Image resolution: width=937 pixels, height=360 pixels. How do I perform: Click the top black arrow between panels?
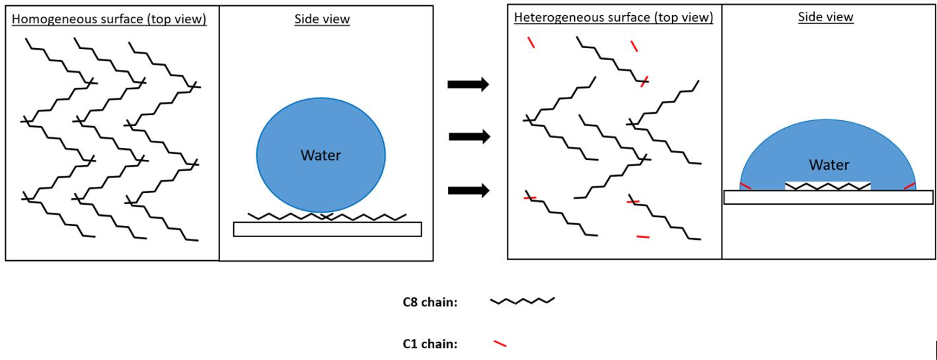468,84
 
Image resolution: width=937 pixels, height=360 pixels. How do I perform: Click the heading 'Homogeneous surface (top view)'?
109,19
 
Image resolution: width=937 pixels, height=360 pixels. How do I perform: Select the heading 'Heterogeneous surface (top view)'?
613,18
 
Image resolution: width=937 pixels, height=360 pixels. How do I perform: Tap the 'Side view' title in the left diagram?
322,19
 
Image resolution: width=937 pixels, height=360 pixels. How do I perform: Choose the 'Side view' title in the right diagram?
825,17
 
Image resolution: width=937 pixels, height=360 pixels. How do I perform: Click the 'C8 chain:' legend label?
430,303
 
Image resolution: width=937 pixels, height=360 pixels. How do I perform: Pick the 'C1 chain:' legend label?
430,343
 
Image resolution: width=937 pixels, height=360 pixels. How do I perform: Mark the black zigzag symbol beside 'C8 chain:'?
522,301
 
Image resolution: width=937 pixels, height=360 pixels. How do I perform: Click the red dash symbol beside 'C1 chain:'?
500,343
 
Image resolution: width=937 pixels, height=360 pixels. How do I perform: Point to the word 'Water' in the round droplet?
320,156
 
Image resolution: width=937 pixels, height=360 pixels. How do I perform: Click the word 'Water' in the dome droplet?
829,165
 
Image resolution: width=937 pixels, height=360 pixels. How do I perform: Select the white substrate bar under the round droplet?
327,229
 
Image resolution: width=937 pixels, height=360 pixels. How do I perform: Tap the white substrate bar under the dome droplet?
828,197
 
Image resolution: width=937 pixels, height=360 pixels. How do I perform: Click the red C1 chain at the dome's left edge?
745,186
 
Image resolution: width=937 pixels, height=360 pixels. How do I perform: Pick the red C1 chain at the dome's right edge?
909,186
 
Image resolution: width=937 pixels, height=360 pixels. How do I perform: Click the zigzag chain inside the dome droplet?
828,187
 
